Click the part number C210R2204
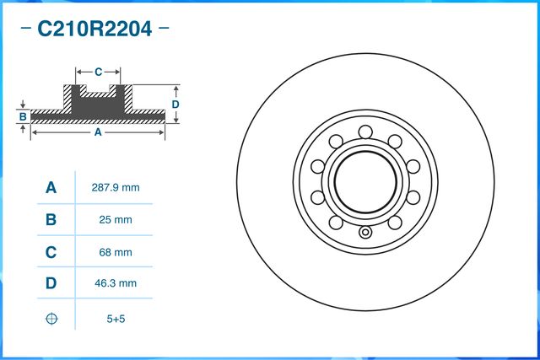[94, 30]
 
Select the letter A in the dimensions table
[51, 188]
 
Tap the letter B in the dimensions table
[51, 220]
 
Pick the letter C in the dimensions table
[51, 252]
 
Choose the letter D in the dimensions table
[51, 284]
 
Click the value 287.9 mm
[115, 188]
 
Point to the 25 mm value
[115, 220]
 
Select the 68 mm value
[115, 252]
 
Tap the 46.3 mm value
[115, 284]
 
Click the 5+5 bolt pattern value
[115, 318]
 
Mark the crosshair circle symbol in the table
[51, 318]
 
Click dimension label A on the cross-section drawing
[98, 132]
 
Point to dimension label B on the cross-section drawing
[24, 116]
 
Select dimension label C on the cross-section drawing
[98, 72]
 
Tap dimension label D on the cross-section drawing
[175, 104]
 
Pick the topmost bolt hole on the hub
[365, 131]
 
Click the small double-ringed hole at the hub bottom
[365, 234]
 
